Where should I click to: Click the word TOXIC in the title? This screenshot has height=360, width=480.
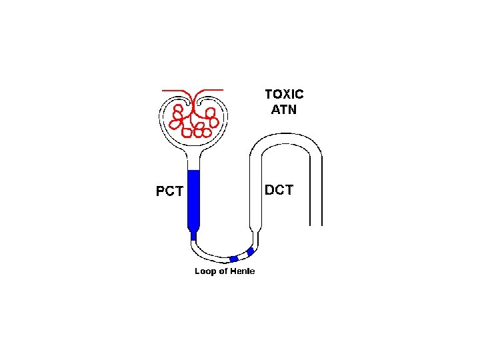[284, 95]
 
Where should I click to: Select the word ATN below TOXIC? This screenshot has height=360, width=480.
[284, 109]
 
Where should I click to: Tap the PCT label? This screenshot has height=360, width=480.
[169, 192]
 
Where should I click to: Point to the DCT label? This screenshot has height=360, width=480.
[279, 190]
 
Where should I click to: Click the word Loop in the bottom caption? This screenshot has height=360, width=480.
[205, 271]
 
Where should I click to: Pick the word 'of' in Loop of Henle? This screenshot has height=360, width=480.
[223, 271]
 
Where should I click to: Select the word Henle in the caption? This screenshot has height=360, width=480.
[242, 271]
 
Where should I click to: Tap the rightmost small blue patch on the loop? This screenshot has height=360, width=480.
[250, 252]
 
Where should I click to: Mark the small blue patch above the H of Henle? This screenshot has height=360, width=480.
[233, 259]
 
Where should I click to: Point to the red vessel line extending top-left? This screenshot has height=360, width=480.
[175, 89]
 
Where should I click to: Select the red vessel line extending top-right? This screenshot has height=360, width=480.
[212, 89]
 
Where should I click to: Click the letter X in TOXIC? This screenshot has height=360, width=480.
[285, 95]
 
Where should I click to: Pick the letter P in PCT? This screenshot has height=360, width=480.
[161, 192]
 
